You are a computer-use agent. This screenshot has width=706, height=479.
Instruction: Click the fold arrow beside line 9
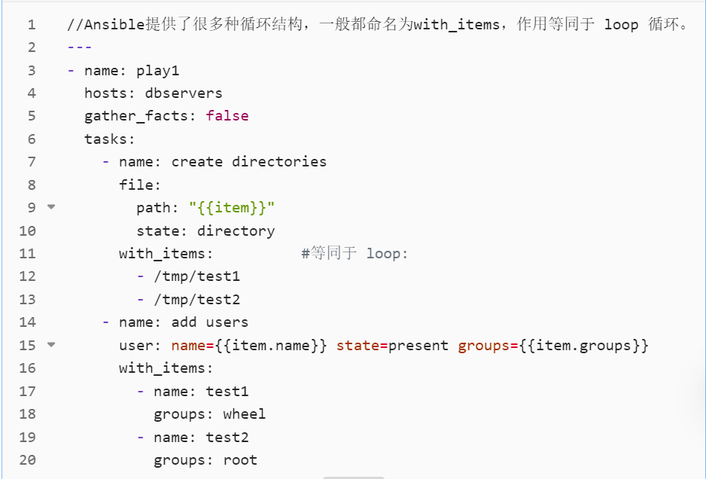point(51,206)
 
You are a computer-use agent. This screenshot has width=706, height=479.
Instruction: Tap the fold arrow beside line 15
point(51,344)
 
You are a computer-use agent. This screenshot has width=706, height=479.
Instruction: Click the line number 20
point(27,460)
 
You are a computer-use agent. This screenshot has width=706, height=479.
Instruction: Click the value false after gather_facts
point(227,116)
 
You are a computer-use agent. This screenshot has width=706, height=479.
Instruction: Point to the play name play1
point(157,71)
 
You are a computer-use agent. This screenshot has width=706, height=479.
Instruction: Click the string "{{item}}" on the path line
point(232,208)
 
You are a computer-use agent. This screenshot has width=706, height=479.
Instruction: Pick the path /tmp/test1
point(196,276)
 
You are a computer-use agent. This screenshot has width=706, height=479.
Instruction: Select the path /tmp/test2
point(196,300)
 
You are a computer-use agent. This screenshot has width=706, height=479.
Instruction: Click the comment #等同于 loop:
point(355,254)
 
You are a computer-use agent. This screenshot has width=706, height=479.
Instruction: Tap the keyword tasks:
point(110,139)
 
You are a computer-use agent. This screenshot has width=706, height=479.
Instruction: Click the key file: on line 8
point(140,185)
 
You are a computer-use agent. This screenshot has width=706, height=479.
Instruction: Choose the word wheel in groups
point(244,414)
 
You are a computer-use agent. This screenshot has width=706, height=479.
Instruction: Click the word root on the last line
point(240,460)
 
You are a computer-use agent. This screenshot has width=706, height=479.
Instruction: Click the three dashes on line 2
point(79,47)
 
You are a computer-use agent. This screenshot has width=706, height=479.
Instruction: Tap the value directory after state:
point(236,231)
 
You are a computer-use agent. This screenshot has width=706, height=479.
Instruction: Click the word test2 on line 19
point(227,438)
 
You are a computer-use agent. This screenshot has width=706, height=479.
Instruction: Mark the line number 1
point(31,25)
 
